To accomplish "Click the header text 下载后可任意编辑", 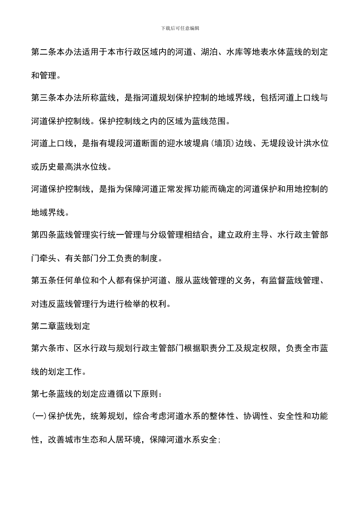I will click(x=180, y=28).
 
